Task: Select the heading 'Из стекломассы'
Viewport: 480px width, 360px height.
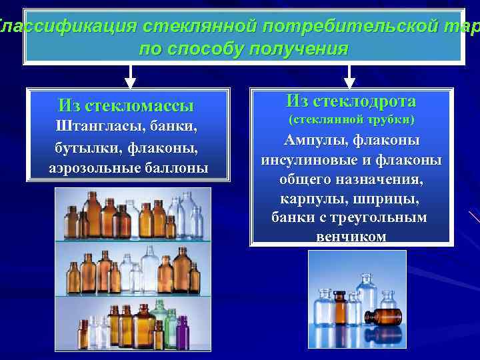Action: click(126, 105)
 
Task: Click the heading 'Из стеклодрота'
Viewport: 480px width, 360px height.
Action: click(351, 101)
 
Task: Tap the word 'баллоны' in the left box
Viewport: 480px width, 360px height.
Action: click(175, 167)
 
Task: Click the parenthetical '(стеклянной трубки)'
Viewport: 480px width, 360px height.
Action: click(351, 120)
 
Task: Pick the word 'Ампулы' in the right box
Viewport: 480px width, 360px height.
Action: click(315, 141)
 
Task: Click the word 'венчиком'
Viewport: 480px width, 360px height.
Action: click(351, 236)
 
